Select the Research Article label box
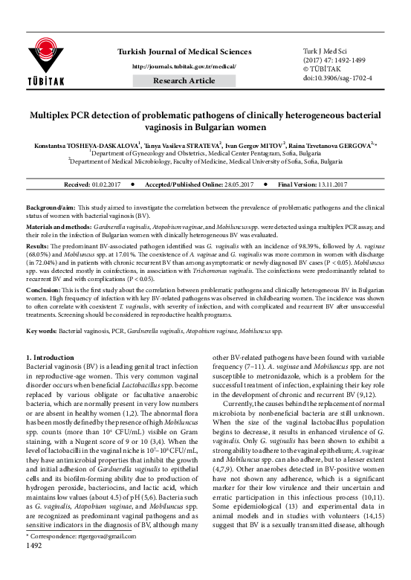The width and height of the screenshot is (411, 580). (186, 80)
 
